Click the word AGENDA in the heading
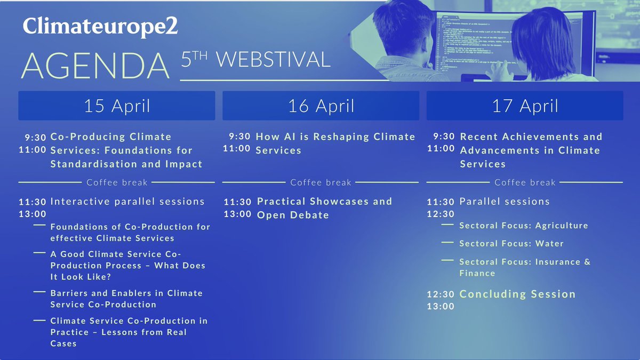(x=95, y=66)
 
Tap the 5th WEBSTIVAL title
(x=255, y=60)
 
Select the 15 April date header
(x=117, y=106)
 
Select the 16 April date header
(x=321, y=106)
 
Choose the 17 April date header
(x=525, y=106)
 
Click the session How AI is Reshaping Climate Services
(x=335, y=143)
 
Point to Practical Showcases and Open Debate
(x=324, y=208)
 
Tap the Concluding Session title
(x=517, y=294)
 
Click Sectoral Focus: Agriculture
(x=523, y=225)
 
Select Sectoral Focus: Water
(x=511, y=243)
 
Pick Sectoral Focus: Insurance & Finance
(x=524, y=267)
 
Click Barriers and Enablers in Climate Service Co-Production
(x=126, y=299)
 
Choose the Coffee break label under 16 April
(x=321, y=182)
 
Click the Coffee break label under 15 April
(x=117, y=182)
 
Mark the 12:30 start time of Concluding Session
(x=441, y=294)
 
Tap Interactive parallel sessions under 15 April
(x=127, y=202)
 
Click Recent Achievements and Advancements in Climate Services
(x=531, y=150)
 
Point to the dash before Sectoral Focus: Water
(x=448, y=243)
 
